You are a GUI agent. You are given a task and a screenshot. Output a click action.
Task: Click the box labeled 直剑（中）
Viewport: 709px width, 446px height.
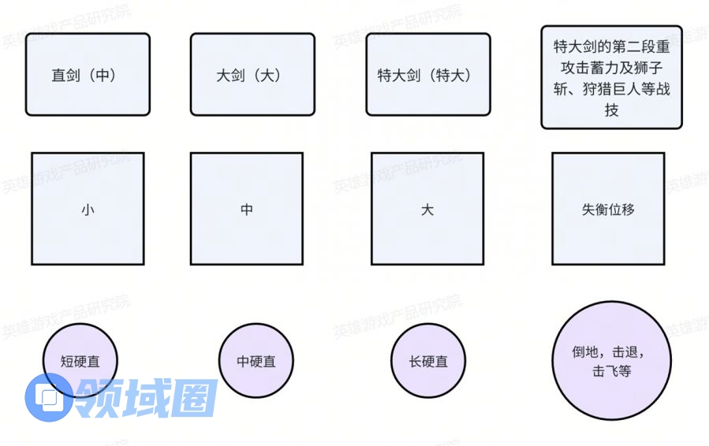pyautogui.click(x=88, y=75)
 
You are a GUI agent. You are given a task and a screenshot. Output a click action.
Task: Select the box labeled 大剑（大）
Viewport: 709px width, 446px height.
pyautogui.click(x=252, y=75)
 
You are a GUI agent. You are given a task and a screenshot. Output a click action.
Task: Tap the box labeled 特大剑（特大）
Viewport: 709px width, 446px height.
pyautogui.click(x=428, y=75)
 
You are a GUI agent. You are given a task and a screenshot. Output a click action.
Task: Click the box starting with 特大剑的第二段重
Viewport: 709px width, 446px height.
pyautogui.click(x=611, y=77)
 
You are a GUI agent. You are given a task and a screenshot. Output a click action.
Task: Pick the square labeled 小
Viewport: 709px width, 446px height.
pyautogui.click(x=88, y=209)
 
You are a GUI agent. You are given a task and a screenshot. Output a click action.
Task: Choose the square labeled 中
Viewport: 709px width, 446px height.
pyautogui.click(x=247, y=209)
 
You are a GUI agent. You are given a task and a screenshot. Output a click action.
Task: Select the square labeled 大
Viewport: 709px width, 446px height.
pyautogui.click(x=427, y=209)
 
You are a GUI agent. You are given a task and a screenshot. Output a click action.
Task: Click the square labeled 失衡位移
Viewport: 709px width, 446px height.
pyautogui.click(x=608, y=209)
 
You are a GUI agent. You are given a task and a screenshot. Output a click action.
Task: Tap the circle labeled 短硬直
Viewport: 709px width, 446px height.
pyautogui.click(x=80, y=361)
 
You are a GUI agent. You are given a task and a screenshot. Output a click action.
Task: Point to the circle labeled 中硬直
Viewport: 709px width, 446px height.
pyautogui.click(x=256, y=361)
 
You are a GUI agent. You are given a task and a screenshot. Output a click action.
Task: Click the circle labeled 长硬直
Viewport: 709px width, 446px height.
pyautogui.click(x=428, y=361)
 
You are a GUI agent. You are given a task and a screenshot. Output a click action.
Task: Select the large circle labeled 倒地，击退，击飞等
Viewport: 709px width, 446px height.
pyautogui.click(x=612, y=361)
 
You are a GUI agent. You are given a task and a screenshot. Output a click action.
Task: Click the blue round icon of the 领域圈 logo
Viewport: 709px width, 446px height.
pyautogui.click(x=48, y=398)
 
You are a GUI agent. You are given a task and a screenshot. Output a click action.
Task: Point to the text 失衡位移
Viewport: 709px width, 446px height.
pyautogui.click(x=608, y=210)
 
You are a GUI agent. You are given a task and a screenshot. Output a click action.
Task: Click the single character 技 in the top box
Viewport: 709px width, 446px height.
pyautogui.click(x=611, y=110)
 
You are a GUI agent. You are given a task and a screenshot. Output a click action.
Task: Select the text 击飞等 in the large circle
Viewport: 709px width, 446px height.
pyautogui.click(x=611, y=371)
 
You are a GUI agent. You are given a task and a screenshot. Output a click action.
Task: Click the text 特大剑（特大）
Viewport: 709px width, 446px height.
pyautogui.click(x=424, y=75)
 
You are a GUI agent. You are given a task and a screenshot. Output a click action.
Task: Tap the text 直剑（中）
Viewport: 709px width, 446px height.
pyautogui.click(x=84, y=75)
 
